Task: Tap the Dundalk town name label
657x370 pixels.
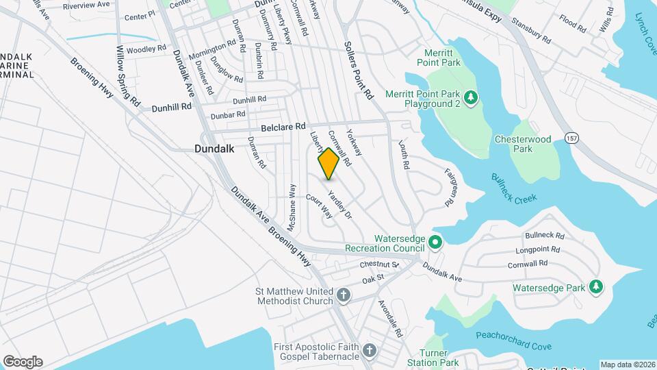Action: click(x=214, y=148)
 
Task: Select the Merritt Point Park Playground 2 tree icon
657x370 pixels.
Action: click(x=471, y=98)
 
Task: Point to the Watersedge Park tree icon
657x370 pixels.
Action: click(x=597, y=287)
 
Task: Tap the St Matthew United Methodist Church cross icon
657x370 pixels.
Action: click(x=344, y=296)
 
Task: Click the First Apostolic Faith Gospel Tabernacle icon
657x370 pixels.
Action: click(x=370, y=351)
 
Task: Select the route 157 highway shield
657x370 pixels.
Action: click(x=571, y=138)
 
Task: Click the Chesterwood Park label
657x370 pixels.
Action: click(x=523, y=144)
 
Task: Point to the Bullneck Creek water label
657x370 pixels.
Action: click(x=514, y=188)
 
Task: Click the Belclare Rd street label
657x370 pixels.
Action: click(x=282, y=128)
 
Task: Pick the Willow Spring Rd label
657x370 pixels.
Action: click(x=128, y=75)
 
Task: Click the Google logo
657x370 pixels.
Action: click(x=23, y=361)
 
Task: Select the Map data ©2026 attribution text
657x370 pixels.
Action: click(x=628, y=365)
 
